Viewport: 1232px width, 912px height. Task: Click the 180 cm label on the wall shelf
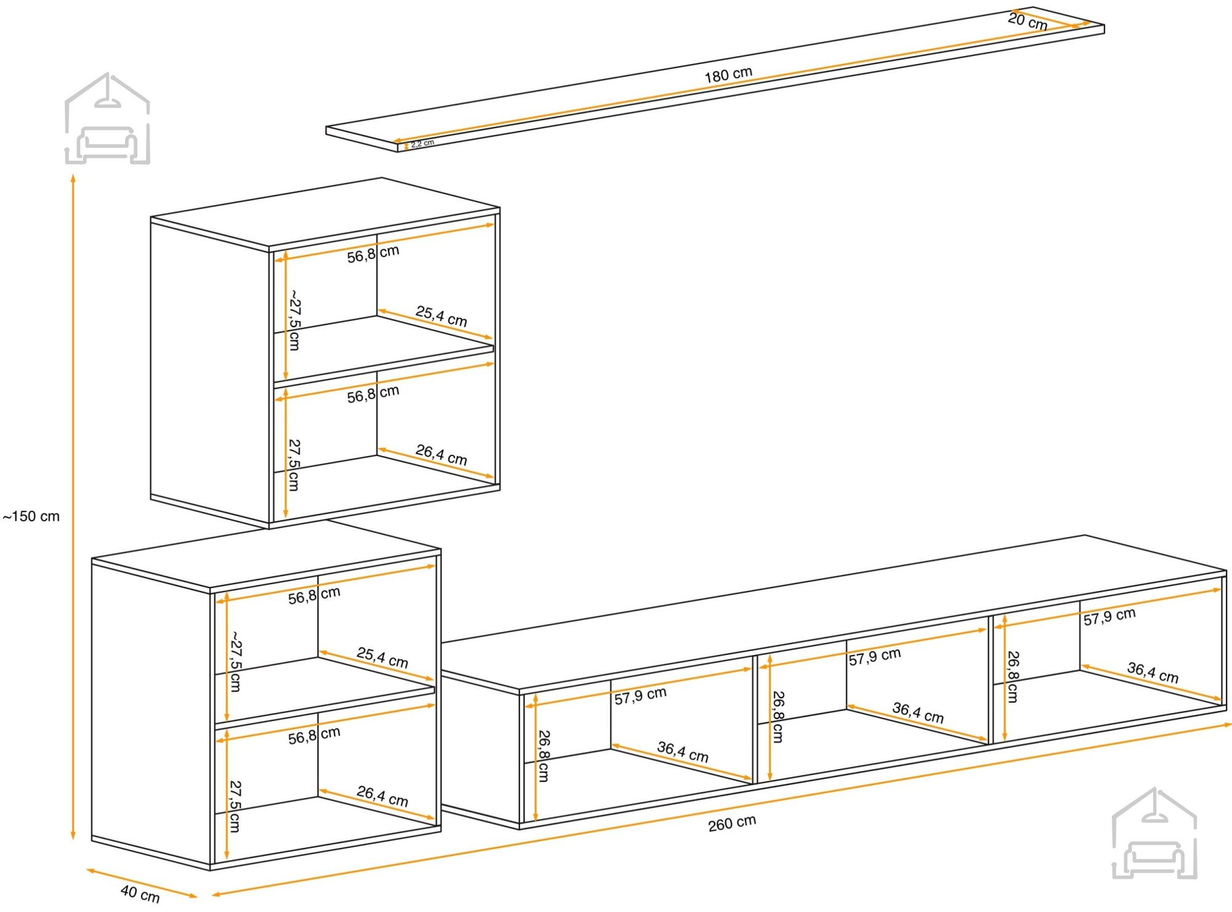click(x=728, y=75)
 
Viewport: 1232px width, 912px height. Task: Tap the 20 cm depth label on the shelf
click(x=1027, y=22)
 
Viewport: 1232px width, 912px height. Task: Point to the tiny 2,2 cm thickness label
click(x=423, y=143)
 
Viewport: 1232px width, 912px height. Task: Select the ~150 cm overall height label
click(x=31, y=516)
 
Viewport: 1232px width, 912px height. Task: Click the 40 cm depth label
click(x=140, y=893)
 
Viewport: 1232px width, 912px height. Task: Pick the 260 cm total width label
click(x=732, y=823)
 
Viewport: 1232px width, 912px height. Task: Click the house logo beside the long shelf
click(x=108, y=118)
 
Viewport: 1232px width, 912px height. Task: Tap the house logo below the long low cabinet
click(x=1154, y=833)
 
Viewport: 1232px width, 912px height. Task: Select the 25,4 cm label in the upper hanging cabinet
click(x=441, y=316)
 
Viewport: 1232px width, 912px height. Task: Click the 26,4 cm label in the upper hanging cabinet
click(x=441, y=455)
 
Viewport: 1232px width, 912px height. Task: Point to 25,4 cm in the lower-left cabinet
click(x=382, y=658)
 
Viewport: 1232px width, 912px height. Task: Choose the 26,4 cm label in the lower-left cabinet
click(x=382, y=796)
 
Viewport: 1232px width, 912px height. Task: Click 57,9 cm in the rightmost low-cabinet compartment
click(x=1109, y=617)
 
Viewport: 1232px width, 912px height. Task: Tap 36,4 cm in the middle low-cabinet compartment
click(x=918, y=713)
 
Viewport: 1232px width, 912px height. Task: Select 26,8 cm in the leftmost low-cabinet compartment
click(x=543, y=756)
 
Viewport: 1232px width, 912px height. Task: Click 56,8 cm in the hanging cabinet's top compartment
click(x=373, y=254)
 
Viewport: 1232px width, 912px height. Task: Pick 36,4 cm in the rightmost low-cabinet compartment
click(x=1153, y=673)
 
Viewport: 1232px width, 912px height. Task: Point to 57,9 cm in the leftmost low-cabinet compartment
click(x=640, y=696)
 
